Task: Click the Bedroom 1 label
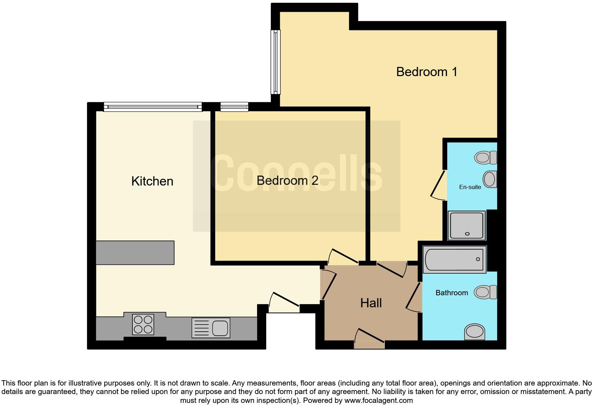point(427,72)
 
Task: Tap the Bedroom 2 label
point(287,181)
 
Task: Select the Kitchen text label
point(152,181)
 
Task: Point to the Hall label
point(371,303)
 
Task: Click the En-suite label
point(470,187)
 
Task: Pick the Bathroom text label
point(451,293)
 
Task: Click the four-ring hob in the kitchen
point(143,325)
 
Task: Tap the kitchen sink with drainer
point(211,327)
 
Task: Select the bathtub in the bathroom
point(454,259)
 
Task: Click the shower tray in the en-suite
point(466,225)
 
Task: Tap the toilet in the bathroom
point(485,292)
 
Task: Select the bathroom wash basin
point(474,332)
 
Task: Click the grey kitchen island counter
point(135,252)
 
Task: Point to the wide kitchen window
point(153,107)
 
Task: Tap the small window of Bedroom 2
point(234,107)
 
